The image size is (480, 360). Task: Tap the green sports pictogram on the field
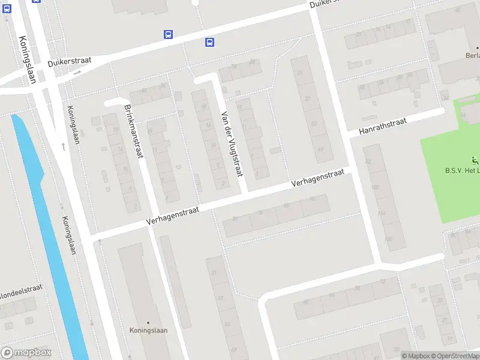pyautogui.click(x=475, y=160)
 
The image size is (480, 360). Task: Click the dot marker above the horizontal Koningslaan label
pyautogui.click(x=148, y=322)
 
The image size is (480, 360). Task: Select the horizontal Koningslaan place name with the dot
pyautogui.click(x=148, y=330)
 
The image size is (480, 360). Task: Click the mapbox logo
pyautogui.click(x=26, y=353)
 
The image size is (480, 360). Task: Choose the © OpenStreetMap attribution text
pyautogui.click(x=454, y=356)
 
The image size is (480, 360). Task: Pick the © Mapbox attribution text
pyautogui.click(x=415, y=356)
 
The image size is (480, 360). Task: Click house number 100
pyautogui.click(x=376, y=188)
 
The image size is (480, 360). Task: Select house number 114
pyautogui.click(x=382, y=214)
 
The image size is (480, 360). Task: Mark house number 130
pyautogui.click(x=388, y=239)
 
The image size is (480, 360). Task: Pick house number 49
pyautogui.click(x=320, y=149)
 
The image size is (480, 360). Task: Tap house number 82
pyautogui.click(x=368, y=162)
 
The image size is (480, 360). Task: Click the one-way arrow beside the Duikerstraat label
pyautogui.click(x=77, y=73)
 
